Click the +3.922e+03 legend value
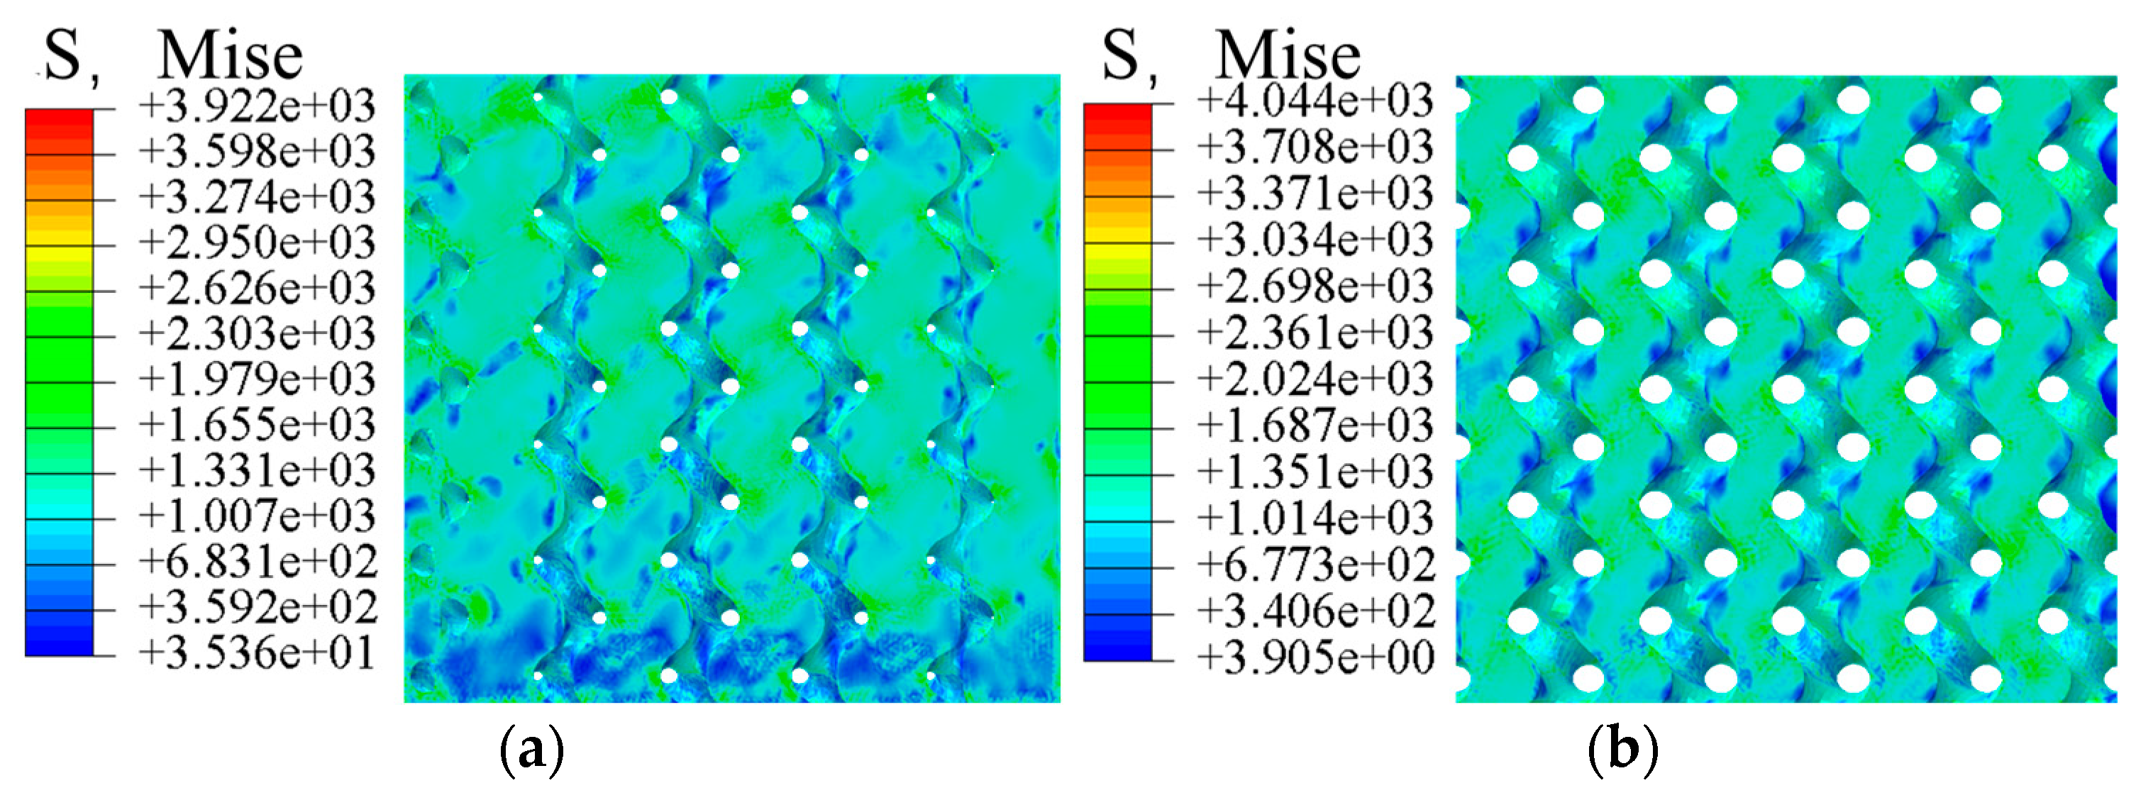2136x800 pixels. click(x=257, y=106)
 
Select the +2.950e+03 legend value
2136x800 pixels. click(x=257, y=243)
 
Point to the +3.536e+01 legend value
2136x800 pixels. click(x=257, y=653)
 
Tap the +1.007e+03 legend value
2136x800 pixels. click(x=257, y=516)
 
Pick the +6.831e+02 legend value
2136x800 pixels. click(x=257, y=562)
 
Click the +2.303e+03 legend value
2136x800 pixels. click(x=257, y=334)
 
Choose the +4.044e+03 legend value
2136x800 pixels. click(x=1315, y=101)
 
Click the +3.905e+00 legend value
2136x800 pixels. click(x=1315, y=658)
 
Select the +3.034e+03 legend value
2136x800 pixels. click(x=1315, y=240)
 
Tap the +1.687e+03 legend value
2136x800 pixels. click(x=1315, y=426)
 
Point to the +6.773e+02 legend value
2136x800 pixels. click(x=1315, y=565)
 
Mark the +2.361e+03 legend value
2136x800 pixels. click(x=1315, y=333)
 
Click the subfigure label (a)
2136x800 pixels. click(x=532, y=750)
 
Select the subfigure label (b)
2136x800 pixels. click(x=1622, y=750)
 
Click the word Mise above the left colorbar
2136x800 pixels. click(x=231, y=56)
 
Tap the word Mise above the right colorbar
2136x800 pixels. click(x=1288, y=56)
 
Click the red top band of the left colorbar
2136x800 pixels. click(x=59, y=123)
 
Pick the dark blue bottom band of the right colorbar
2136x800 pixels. click(x=1117, y=647)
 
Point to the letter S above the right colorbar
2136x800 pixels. click(x=1120, y=55)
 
